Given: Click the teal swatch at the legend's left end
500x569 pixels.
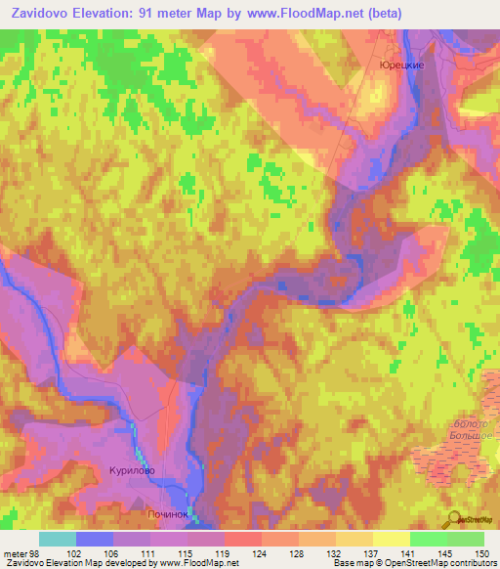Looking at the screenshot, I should (57, 539).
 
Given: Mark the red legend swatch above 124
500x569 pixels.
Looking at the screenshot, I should (242, 539).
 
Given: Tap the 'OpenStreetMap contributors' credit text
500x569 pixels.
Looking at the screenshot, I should (437, 563).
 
